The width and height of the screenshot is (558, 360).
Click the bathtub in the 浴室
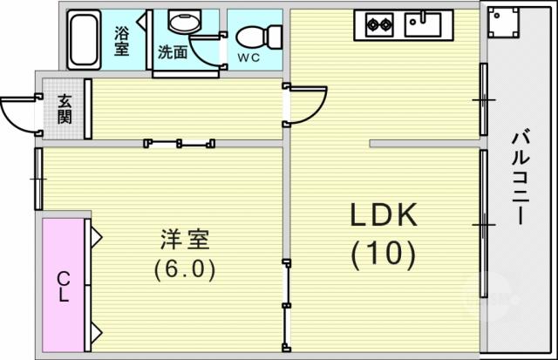click(84, 39)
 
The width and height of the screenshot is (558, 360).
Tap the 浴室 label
click(121, 41)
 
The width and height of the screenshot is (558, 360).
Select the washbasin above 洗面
click(185, 21)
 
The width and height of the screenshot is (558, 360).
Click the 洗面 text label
click(173, 52)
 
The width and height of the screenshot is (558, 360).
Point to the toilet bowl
click(259, 37)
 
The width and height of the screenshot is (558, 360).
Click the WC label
click(248, 58)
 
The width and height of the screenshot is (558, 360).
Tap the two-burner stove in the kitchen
click(379, 24)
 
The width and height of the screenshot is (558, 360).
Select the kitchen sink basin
click(423, 24)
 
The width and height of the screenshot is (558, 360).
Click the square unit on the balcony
click(503, 22)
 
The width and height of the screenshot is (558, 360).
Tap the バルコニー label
click(521, 178)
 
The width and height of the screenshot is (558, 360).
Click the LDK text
click(384, 214)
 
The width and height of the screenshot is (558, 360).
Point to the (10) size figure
click(384, 255)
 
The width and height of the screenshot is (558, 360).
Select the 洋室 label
click(185, 239)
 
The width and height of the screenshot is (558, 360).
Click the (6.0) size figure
click(185, 268)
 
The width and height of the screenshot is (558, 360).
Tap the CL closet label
click(64, 287)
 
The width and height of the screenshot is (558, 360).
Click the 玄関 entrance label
click(65, 109)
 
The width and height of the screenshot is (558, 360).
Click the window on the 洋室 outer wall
click(38, 179)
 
